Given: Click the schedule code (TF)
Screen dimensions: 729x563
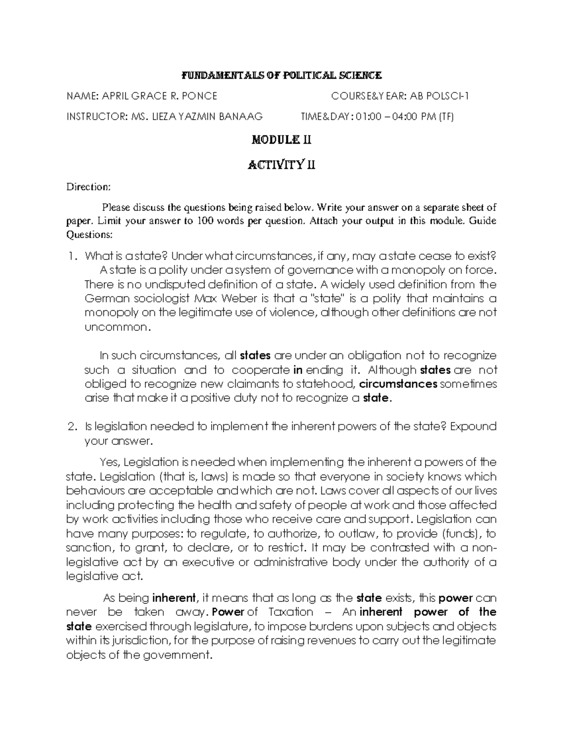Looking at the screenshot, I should pyautogui.click(x=446, y=116).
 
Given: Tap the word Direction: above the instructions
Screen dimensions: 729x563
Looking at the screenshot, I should pyautogui.click(x=88, y=187).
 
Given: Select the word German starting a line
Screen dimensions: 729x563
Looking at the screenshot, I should pyautogui.click(x=104, y=299).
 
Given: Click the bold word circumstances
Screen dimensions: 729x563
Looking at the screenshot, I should pyautogui.click(x=398, y=384).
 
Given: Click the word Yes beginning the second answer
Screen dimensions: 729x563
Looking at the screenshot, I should pyautogui.click(x=110, y=462).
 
